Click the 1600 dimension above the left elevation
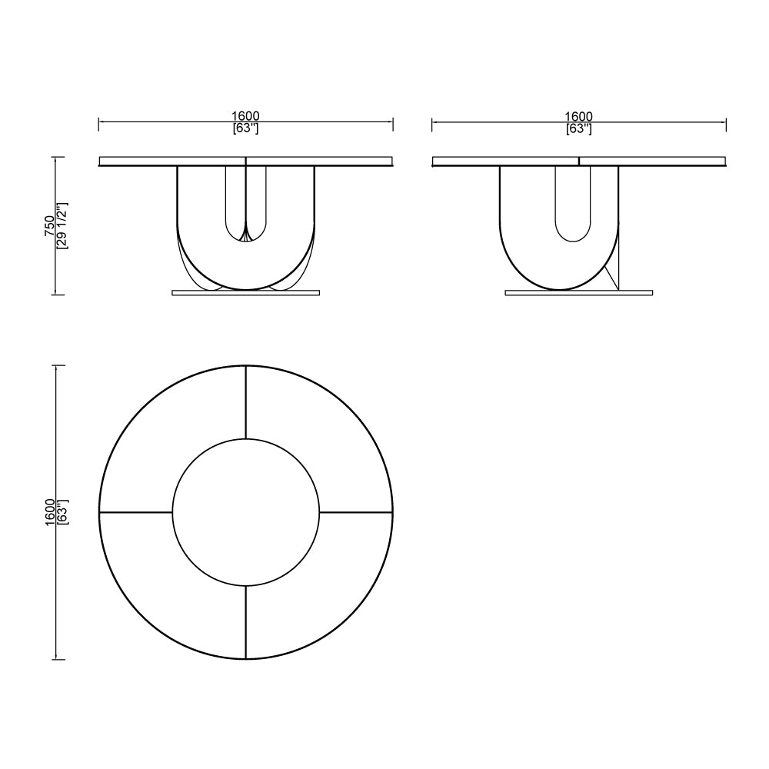pos(245,116)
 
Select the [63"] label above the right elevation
pos(578,128)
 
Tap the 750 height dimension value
pos(50,225)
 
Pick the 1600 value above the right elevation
pos(578,116)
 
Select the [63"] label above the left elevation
pos(245,128)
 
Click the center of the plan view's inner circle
pos(245,512)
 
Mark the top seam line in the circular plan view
pos(245,402)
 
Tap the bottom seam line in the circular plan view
pos(245,621)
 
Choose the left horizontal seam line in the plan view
pos(135,512)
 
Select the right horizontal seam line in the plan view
pos(355,512)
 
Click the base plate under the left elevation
pos(245,292)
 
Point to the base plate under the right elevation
pos(578,292)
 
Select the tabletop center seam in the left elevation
pos(245,161)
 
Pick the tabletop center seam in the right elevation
pos(578,161)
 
